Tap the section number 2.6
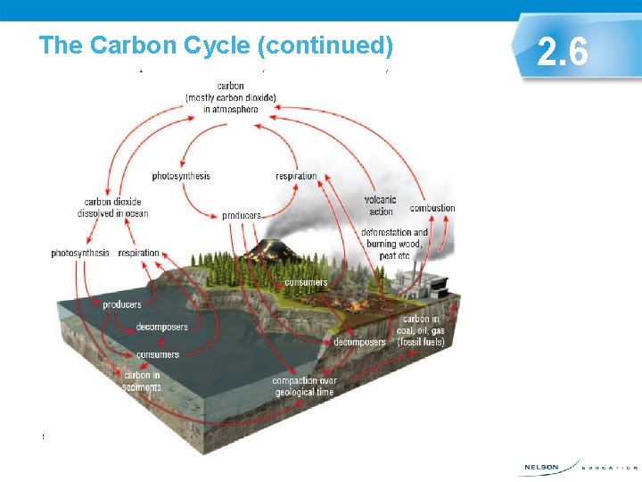coord(563,53)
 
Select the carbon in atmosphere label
coord(230,98)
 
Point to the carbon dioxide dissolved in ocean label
coord(116,207)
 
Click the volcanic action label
coord(381,205)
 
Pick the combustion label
coord(432,208)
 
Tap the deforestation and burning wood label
coord(394,244)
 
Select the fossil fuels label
coord(421,330)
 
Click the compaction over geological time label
coord(303,386)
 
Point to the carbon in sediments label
coord(142,381)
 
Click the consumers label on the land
coord(306,283)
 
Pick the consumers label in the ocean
coord(157,354)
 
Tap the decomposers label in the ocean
coord(162,327)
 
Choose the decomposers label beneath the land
coord(359,342)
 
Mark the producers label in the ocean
coord(121,304)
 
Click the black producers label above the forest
coord(242,215)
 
